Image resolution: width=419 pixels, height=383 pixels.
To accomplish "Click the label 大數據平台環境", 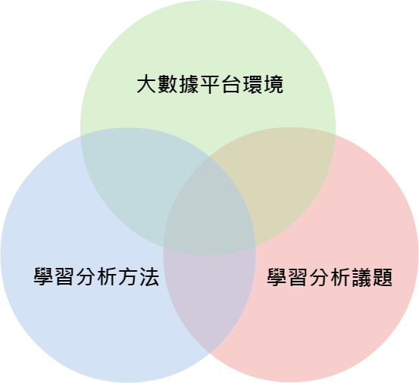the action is [210, 85].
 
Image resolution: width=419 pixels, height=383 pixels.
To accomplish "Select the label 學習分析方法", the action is [96, 277].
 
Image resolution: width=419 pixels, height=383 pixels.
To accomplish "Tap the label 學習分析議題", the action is [330, 278].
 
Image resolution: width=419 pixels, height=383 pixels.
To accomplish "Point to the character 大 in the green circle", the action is [146, 85].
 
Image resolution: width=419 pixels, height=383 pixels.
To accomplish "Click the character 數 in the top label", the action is [167, 85].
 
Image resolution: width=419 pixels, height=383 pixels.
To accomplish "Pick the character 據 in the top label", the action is [189, 85].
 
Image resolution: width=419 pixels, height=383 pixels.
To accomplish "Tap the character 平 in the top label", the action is [210, 85].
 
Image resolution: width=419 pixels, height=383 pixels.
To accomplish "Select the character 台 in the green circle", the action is [231, 85].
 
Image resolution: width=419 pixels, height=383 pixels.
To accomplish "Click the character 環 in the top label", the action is [252, 85].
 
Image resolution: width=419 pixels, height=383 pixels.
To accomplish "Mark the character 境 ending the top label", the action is [274, 85].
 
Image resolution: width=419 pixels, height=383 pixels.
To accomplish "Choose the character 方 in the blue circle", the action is [128, 277].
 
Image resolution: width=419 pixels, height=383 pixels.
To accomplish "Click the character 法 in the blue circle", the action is [149, 277].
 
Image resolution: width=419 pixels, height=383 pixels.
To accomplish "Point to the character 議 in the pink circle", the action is [361, 278].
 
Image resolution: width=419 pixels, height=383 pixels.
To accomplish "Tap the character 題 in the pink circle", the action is [383, 278].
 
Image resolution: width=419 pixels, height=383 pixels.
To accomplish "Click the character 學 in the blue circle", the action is [43, 277].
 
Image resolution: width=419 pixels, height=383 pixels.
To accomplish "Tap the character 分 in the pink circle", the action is [319, 278].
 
